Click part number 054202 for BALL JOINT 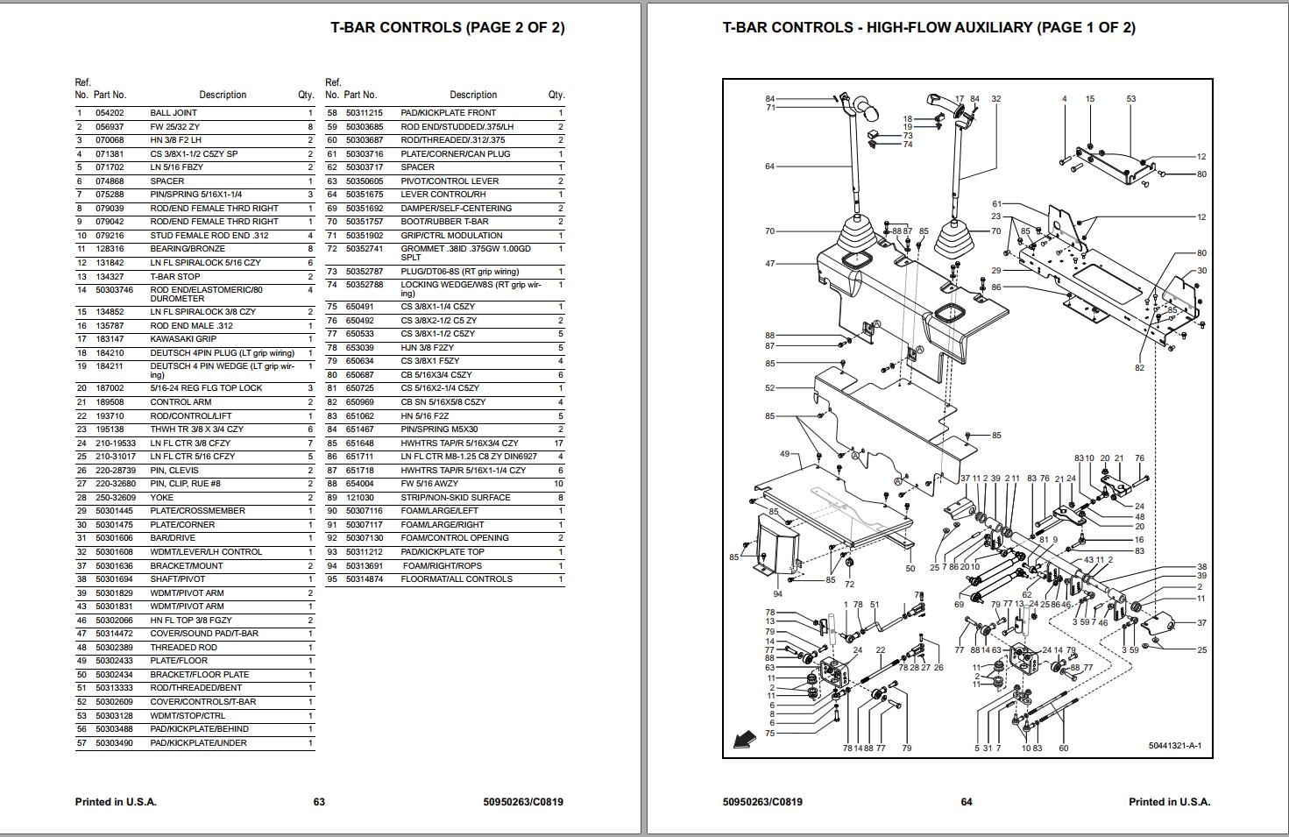click(x=110, y=113)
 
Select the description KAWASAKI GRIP click(x=183, y=339)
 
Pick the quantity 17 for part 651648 click(x=557, y=443)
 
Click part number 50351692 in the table click(x=364, y=209)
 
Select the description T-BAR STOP click(x=175, y=277)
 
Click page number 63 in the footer click(x=319, y=802)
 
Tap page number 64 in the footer click(x=967, y=802)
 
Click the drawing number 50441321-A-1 click(x=1174, y=747)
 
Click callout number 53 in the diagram click(x=1130, y=99)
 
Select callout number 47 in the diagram click(x=769, y=264)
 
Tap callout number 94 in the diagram click(x=777, y=593)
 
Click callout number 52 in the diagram click(x=769, y=388)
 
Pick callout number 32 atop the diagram click(x=995, y=99)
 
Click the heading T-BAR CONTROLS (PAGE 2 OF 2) click(x=447, y=27)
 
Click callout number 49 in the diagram click(x=784, y=454)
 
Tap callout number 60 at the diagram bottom click(x=1063, y=748)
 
